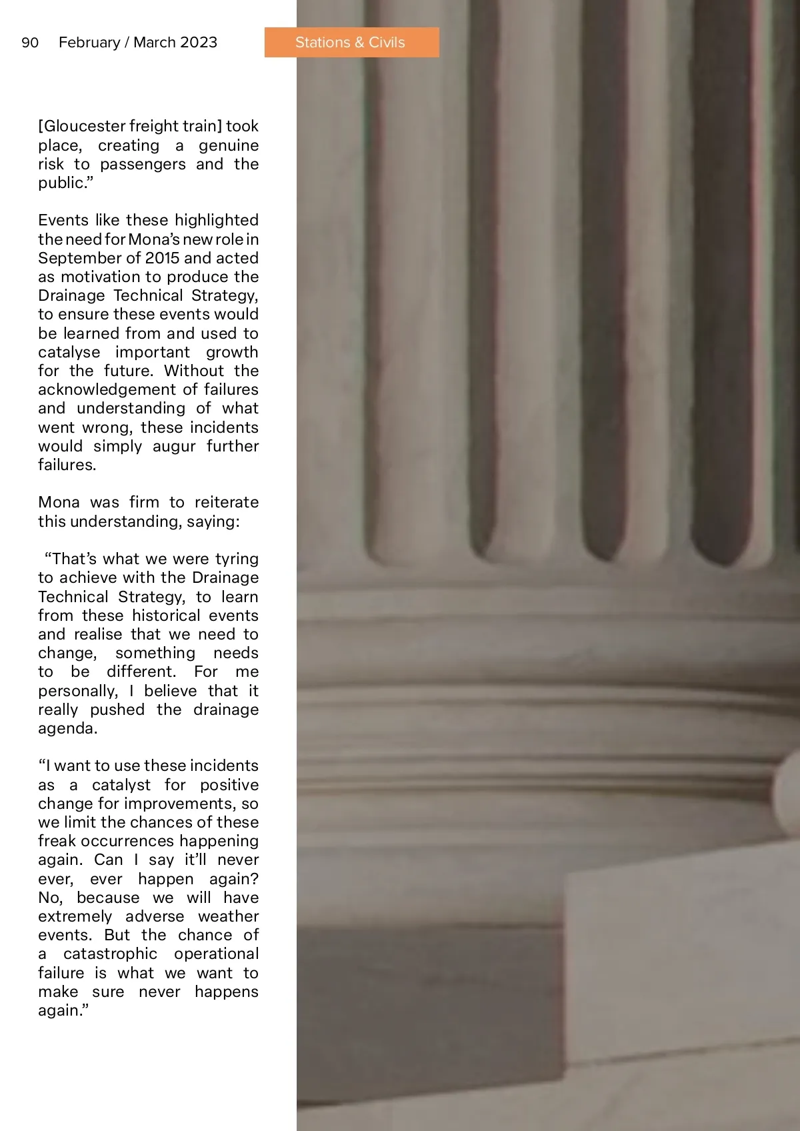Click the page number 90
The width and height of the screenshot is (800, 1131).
click(x=30, y=43)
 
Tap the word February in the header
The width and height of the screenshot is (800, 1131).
click(x=89, y=43)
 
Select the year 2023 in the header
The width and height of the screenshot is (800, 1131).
click(x=199, y=43)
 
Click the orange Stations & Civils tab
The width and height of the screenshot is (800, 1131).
click(x=351, y=43)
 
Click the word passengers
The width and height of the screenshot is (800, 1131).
click(x=143, y=164)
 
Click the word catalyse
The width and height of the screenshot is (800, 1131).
click(x=69, y=352)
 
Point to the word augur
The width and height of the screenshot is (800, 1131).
click(x=174, y=446)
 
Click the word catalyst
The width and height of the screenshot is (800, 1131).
click(x=121, y=785)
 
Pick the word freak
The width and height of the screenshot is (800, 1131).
click(x=57, y=841)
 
